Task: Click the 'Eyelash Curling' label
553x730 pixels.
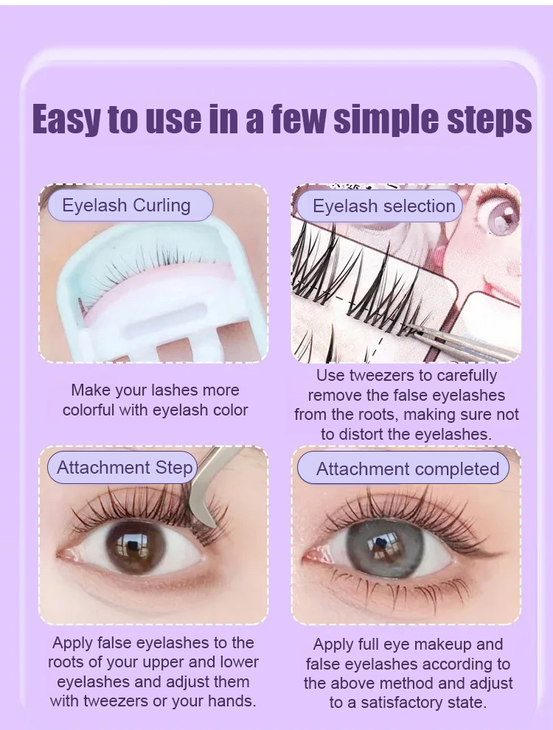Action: [130, 206]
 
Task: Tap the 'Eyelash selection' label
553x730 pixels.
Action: [380, 206]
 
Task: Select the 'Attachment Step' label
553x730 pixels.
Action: [122, 467]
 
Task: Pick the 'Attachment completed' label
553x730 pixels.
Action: [403, 468]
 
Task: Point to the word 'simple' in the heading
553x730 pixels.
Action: [386, 119]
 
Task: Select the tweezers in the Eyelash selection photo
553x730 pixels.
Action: [462, 344]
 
